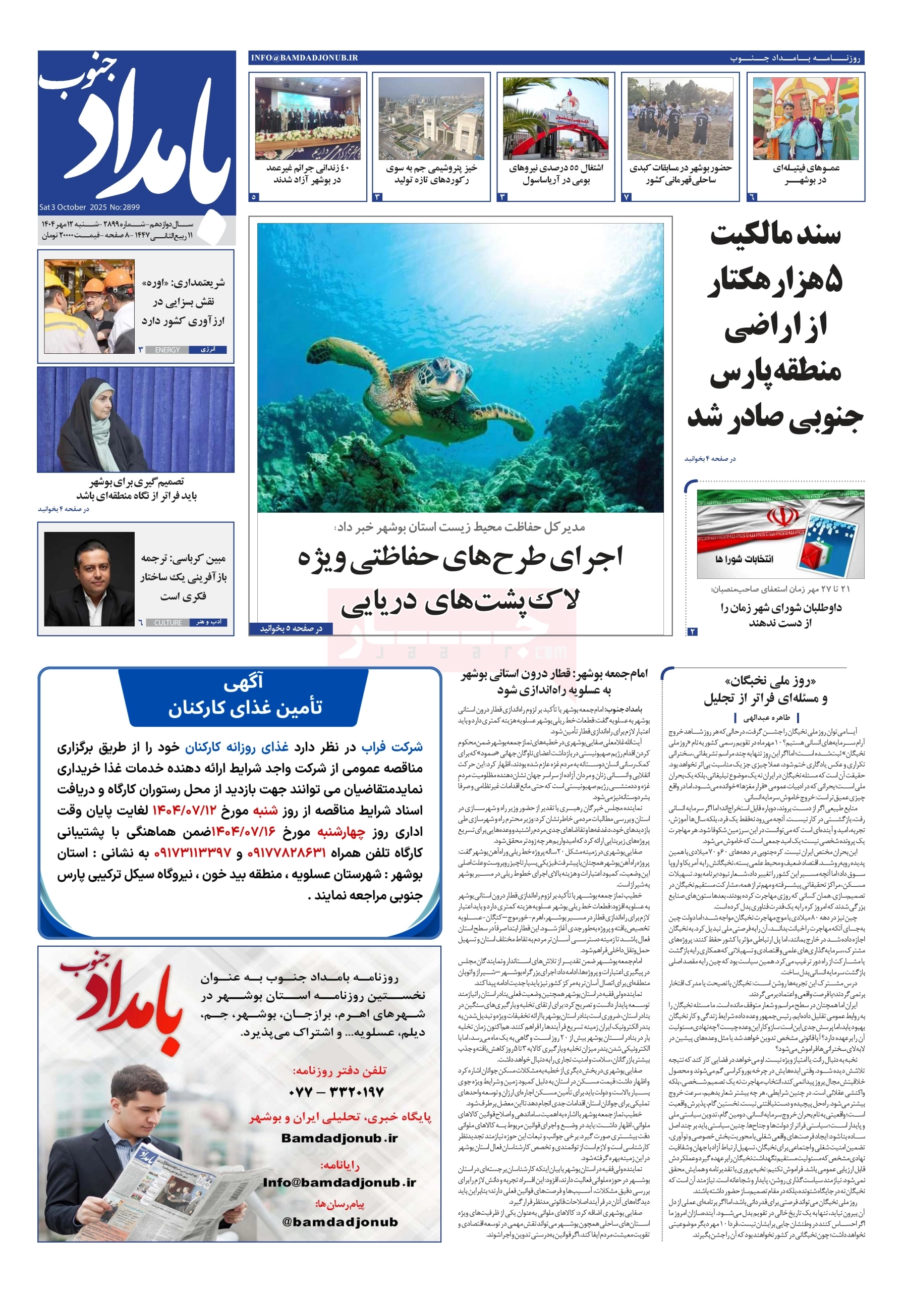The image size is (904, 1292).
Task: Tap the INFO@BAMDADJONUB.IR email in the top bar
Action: click(x=304, y=58)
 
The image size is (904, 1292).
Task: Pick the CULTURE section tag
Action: click(x=167, y=622)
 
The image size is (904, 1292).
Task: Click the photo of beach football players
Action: click(x=680, y=119)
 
